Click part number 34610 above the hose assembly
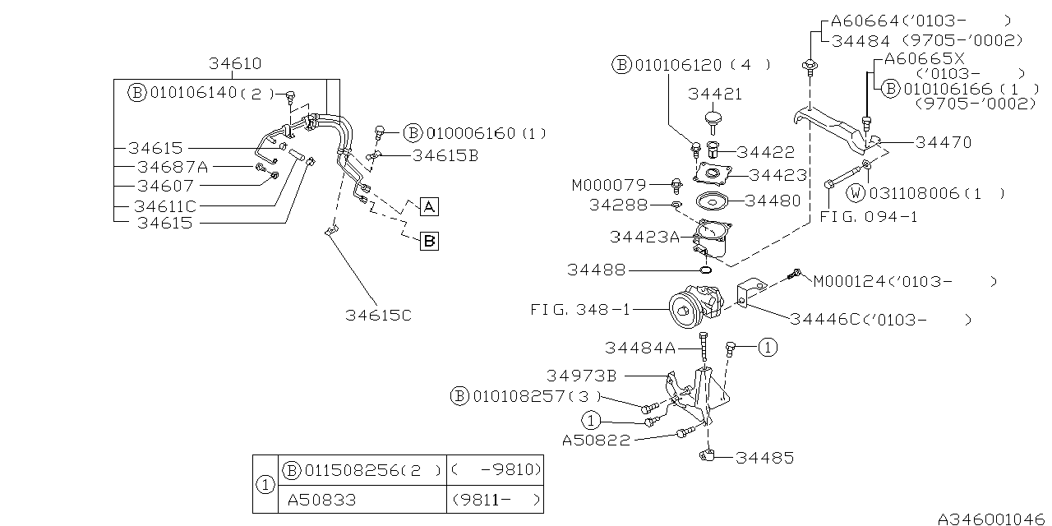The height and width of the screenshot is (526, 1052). point(234,63)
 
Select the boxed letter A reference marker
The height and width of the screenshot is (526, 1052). point(430,206)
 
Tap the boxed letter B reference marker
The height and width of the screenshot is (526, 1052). point(429,241)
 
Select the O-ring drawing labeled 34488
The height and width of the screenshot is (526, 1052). point(705,269)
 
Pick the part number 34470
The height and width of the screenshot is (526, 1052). point(943,142)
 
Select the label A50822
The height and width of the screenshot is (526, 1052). point(596,440)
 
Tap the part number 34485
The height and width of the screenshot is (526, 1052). point(764,458)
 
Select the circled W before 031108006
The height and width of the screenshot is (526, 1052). point(856,193)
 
